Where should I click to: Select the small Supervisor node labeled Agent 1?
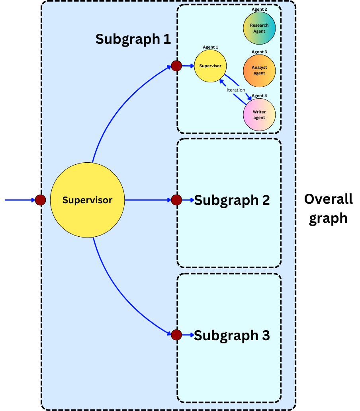(210, 66)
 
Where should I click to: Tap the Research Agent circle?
(259, 28)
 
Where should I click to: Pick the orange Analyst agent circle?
(259, 70)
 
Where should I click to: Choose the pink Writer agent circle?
(259, 115)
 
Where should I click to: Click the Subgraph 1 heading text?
(133, 39)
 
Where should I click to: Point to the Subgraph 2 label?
(232, 200)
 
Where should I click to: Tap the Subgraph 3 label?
(232, 335)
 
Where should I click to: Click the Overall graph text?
(328, 208)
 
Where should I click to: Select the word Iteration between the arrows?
(236, 90)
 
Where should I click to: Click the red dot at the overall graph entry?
(40, 200)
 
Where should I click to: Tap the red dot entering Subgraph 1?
(176, 66)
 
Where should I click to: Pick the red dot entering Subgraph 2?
(176, 200)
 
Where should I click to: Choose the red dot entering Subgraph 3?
(176, 335)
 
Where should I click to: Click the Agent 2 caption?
(259, 9)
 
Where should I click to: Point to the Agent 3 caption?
(259, 52)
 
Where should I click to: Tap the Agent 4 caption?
(259, 96)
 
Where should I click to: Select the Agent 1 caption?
(210, 47)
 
